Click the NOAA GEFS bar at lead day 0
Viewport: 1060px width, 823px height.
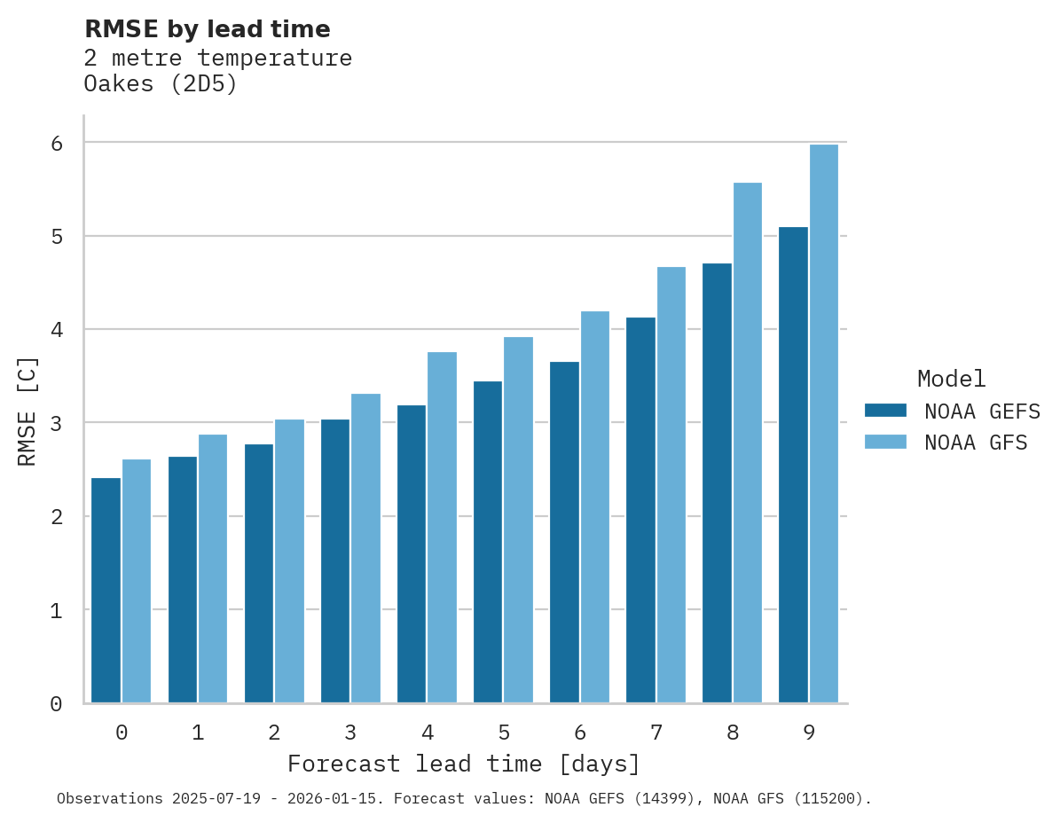coord(106,590)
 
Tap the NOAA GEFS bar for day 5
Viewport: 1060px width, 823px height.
coord(488,542)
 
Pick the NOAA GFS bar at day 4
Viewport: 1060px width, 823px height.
coord(442,528)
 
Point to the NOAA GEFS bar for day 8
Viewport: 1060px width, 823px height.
coord(717,483)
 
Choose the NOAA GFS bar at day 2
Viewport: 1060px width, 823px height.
coord(289,561)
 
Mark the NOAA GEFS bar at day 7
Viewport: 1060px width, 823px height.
coord(640,510)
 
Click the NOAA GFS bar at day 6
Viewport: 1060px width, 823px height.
coord(594,507)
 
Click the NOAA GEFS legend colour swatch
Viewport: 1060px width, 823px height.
coord(885,411)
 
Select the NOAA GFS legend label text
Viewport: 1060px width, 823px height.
coord(976,443)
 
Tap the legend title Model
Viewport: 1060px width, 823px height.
coord(951,379)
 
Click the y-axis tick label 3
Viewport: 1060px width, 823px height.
coord(57,423)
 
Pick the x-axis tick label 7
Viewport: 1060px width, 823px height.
coord(656,733)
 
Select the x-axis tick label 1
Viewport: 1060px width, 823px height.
coord(198,733)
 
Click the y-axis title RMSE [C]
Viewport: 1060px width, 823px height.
coord(27,411)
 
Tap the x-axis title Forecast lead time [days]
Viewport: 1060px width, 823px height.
coord(463,764)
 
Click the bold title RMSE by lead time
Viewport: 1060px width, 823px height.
coord(207,29)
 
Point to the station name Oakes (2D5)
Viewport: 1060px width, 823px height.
coord(161,84)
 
